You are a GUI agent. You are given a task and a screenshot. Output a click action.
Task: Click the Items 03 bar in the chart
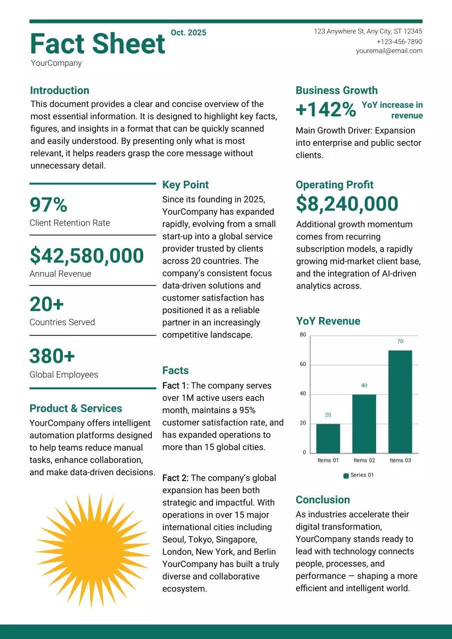400,401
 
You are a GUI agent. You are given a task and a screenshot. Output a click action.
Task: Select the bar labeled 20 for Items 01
328,438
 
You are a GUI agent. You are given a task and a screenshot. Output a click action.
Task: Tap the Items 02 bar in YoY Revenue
364,423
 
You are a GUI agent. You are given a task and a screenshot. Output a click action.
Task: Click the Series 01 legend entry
359,475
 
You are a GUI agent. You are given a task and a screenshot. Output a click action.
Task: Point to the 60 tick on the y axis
303,364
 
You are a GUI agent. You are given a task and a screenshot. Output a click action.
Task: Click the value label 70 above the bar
400,341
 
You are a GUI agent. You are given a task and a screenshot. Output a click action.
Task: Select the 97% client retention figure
48,205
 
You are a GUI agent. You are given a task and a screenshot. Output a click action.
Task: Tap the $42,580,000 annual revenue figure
87,256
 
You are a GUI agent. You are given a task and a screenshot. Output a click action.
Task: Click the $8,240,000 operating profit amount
347,204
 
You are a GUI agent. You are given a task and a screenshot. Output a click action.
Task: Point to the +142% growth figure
326,110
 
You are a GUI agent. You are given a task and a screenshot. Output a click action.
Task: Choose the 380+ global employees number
52,356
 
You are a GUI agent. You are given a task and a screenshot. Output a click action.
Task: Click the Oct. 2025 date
188,33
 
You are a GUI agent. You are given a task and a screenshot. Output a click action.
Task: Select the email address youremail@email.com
389,51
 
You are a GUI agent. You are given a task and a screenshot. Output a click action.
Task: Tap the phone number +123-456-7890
399,41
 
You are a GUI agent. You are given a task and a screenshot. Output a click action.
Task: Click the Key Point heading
185,185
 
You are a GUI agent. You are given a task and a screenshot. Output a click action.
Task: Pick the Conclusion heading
323,500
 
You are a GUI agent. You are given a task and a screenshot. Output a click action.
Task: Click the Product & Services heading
76,408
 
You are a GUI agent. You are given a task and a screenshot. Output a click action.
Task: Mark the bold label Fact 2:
175,478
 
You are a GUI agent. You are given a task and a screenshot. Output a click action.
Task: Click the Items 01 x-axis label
328,460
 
